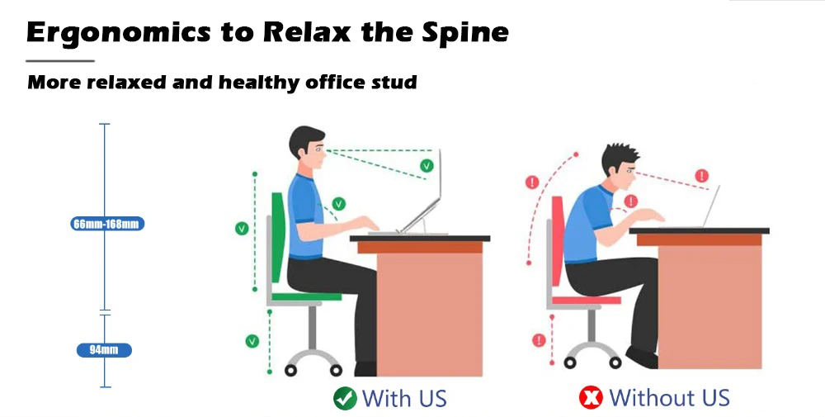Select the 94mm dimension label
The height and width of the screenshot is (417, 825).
(x=104, y=350)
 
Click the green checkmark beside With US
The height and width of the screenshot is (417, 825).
(x=344, y=399)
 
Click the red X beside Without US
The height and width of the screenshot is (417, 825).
(x=591, y=399)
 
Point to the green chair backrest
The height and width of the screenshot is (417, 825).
(x=278, y=235)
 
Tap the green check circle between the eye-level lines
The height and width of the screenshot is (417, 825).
(x=427, y=165)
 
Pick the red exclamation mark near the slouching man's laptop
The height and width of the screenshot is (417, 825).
(x=701, y=175)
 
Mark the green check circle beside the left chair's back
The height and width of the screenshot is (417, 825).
(x=242, y=229)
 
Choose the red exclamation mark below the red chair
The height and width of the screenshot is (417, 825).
(x=539, y=339)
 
